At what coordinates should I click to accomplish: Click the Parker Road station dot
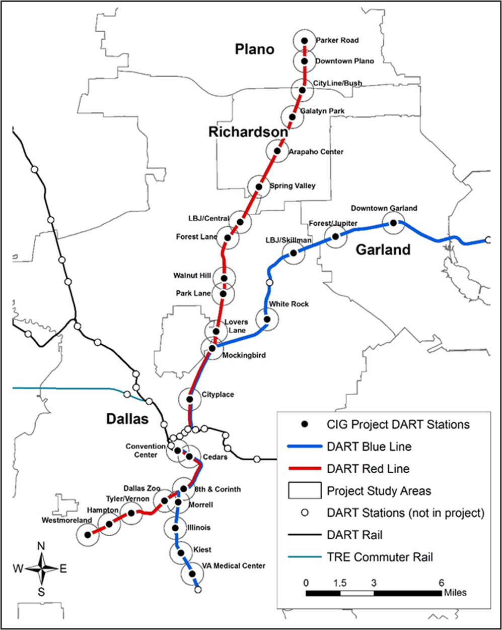point(304,41)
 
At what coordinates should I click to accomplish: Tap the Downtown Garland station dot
point(393,222)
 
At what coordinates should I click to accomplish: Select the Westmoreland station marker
point(88,535)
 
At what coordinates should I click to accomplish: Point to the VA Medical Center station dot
point(192,574)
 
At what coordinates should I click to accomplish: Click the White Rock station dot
point(267,319)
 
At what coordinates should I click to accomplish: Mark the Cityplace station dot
point(190,399)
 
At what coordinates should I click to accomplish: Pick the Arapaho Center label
point(309,151)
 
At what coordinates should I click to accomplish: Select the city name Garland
point(383,249)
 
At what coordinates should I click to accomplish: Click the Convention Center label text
point(146,450)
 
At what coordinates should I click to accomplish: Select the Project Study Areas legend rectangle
point(304,490)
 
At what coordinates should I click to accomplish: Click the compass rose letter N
point(42,546)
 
